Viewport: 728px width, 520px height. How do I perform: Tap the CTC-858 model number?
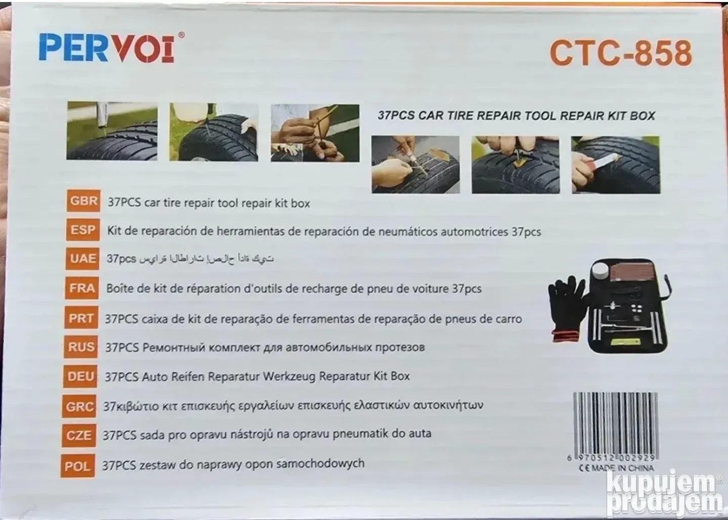click(621, 53)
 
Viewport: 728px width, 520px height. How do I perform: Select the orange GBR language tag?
click(83, 201)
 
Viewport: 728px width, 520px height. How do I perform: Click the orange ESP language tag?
click(83, 229)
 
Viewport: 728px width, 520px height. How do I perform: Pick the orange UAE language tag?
click(82, 259)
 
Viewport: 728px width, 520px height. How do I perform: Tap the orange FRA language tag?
click(81, 288)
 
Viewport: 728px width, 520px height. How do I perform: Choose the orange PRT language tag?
click(81, 317)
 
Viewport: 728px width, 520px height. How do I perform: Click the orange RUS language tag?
click(80, 347)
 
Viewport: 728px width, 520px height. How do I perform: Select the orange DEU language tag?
click(80, 376)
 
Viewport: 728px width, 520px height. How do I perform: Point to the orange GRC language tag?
click(79, 406)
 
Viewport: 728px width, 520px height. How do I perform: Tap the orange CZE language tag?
click(78, 435)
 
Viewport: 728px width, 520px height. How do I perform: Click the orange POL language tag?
click(78, 466)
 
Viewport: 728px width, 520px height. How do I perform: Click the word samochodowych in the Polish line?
click(320, 463)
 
